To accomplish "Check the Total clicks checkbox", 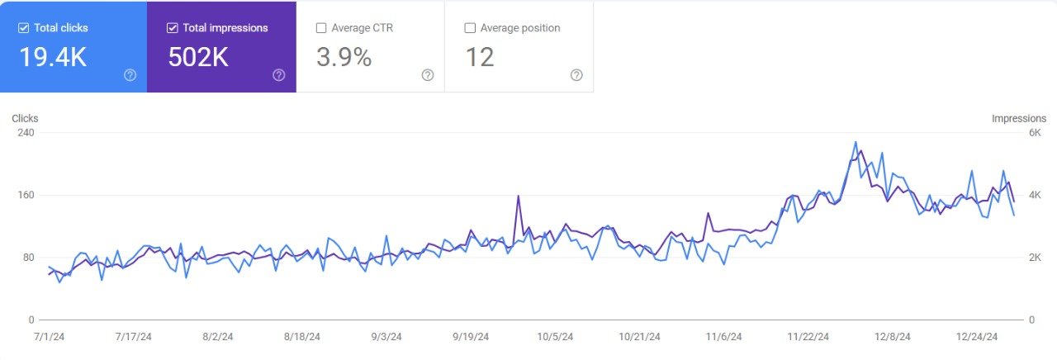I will (x=23, y=28).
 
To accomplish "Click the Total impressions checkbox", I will (x=172, y=28).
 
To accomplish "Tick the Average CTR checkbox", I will (x=321, y=28).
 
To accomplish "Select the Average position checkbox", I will (x=470, y=28).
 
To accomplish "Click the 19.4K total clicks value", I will (x=52, y=57).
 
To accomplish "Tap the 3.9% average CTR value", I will (x=344, y=57).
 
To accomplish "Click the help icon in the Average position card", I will (x=576, y=75).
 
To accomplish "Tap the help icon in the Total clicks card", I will (x=130, y=75).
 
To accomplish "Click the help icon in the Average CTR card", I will (x=427, y=75).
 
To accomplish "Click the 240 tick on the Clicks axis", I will (x=26, y=133).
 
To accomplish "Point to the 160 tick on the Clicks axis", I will (x=26, y=196).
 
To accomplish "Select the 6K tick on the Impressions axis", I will (x=1035, y=133).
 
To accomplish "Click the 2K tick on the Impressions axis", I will (x=1035, y=258).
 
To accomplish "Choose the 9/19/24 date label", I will (x=471, y=337).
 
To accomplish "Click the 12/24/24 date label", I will (x=978, y=337).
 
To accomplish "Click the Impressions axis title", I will (x=1018, y=119).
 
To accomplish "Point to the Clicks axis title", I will (x=25, y=119).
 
